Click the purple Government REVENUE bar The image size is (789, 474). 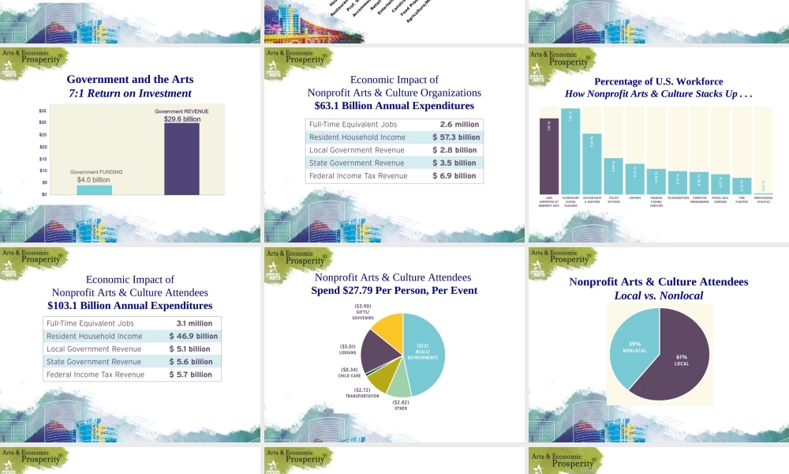coord(181,158)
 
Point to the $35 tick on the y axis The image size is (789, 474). coord(42,111)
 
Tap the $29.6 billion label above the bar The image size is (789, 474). coord(181,118)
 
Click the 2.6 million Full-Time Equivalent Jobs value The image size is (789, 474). coord(459,125)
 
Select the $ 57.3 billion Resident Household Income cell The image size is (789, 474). coord(455,137)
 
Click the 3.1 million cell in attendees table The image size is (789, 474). coord(194,323)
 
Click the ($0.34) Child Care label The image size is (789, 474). coord(350,372)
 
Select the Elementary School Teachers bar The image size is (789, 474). coord(570,150)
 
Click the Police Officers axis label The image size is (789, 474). coord(613,199)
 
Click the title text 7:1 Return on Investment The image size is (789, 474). coord(130,93)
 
